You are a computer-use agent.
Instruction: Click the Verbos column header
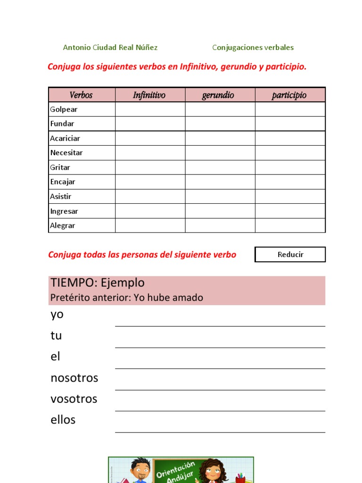(x=81, y=95)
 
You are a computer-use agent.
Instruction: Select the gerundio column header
(x=218, y=95)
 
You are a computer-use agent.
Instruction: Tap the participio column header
(x=289, y=95)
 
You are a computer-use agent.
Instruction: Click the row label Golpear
(x=64, y=109)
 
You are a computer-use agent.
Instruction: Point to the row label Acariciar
(x=65, y=138)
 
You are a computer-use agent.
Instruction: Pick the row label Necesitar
(x=66, y=153)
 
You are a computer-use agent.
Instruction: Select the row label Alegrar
(x=63, y=225)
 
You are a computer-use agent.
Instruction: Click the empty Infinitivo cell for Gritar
(x=150, y=167)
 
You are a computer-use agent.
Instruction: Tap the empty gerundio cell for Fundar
(x=220, y=124)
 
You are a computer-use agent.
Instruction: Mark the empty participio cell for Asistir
(x=290, y=196)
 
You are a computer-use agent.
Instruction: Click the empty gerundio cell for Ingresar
(x=220, y=211)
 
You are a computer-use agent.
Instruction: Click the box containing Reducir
(x=290, y=254)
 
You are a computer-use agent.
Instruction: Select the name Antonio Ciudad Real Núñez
(x=110, y=48)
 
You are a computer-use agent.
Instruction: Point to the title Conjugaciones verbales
(x=253, y=48)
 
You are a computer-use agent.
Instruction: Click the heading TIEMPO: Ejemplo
(x=98, y=283)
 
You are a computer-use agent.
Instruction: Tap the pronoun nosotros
(x=74, y=378)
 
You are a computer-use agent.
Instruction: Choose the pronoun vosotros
(x=74, y=399)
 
